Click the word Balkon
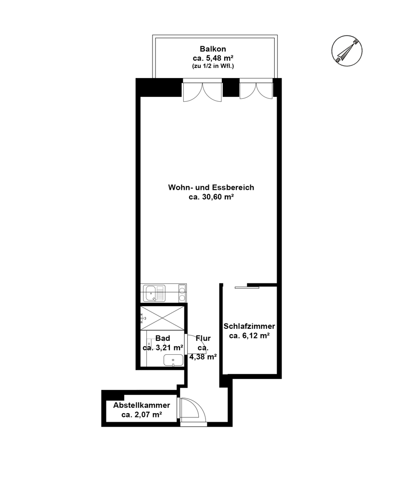(x=213, y=49)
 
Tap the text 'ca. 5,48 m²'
(x=213, y=58)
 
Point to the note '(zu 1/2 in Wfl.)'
(x=213, y=66)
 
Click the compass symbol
(x=346, y=51)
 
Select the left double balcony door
(x=202, y=91)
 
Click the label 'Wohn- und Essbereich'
(x=211, y=187)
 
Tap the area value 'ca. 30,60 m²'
(x=211, y=197)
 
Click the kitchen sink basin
(x=151, y=293)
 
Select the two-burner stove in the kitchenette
(x=182, y=293)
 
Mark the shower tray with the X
(x=162, y=318)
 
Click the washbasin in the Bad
(x=173, y=360)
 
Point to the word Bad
(x=163, y=338)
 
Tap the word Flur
(x=203, y=338)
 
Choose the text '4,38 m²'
(x=203, y=357)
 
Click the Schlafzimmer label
(x=249, y=326)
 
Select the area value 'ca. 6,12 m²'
(x=249, y=335)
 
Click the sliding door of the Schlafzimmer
(x=247, y=287)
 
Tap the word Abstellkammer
(x=141, y=405)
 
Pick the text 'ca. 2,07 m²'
(x=142, y=415)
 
